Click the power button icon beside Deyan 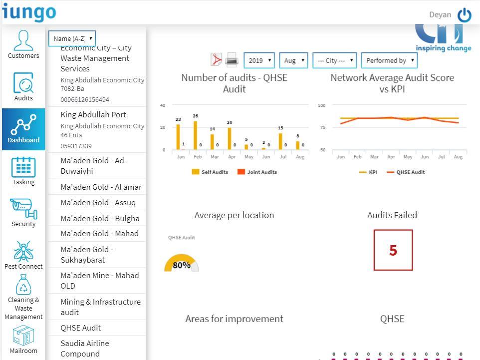[464, 15]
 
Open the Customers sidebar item [23, 44]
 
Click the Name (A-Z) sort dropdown [72, 38]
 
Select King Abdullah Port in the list [93, 115]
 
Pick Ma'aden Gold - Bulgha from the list [100, 218]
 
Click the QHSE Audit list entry [81, 328]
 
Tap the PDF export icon [217, 60]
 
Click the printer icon [232, 60]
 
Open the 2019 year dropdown [259, 60]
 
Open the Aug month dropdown [293, 60]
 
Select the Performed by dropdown [389, 60]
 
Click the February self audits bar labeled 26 [195, 135]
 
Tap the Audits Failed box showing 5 [393, 250]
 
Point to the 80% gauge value [182, 265]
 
